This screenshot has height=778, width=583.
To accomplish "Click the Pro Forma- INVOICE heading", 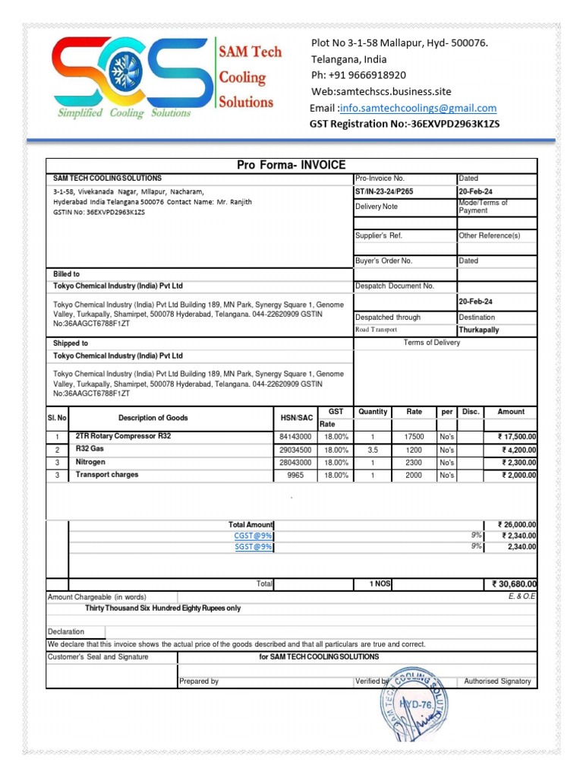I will click(x=291, y=165).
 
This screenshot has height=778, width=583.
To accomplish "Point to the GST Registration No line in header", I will click(x=405, y=124).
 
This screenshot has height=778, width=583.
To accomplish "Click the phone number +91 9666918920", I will click(x=358, y=75).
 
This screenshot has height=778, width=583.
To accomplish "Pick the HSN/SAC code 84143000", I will click(x=295, y=438).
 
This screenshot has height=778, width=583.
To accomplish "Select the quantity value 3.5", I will click(x=373, y=450).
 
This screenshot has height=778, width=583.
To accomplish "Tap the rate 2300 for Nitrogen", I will click(x=414, y=462).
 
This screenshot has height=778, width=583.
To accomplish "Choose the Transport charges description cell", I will click(x=107, y=475).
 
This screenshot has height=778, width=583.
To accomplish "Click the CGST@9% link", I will click(x=253, y=536).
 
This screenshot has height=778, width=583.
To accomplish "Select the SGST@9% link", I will click(x=253, y=547).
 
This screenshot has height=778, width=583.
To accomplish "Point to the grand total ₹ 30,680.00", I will click(x=514, y=584).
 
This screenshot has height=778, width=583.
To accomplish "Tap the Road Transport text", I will click(x=376, y=330).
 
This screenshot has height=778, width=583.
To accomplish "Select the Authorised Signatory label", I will click(x=497, y=682).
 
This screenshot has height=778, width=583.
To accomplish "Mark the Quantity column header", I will click(x=373, y=412).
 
